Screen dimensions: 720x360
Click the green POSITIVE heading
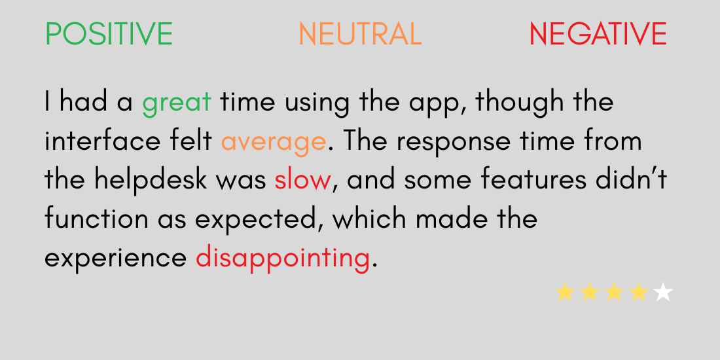[109, 33]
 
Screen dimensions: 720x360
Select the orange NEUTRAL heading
[360, 33]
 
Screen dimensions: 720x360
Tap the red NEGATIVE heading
[598, 33]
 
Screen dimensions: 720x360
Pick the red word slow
[302, 179]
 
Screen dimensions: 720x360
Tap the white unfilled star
[662, 292]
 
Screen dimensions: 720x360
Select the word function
[96, 219]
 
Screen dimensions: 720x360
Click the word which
[370, 219]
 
